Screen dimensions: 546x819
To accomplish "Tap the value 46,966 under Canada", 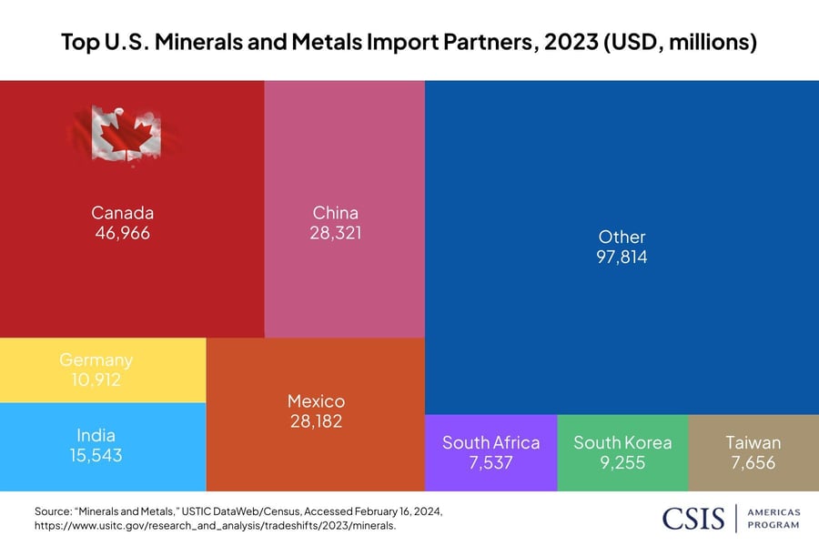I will pyautogui.click(x=122, y=233).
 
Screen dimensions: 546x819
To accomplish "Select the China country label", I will pyautogui.click(x=335, y=213).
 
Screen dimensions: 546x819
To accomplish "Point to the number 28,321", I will pyautogui.click(x=335, y=233).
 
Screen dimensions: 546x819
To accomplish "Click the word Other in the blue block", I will pyautogui.click(x=622, y=238).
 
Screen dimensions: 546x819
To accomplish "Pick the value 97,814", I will pyautogui.click(x=622, y=258).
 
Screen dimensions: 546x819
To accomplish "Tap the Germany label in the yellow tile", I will pyautogui.click(x=96, y=360).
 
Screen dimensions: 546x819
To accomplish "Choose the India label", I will pyautogui.click(x=96, y=435).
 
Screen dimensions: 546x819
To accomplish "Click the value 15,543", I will pyautogui.click(x=96, y=454).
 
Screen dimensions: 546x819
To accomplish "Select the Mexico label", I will pyautogui.click(x=316, y=401).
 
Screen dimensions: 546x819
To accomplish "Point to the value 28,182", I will pyautogui.click(x=316, y=421).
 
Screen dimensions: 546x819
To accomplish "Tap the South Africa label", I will pyautogui.click(x=490, y=443).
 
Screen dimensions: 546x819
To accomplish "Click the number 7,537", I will pyautogui.click(x=490, y=462).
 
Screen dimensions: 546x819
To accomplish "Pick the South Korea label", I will pyautogui.click(x=622, y=443).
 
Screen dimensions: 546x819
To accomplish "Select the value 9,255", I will pyautogui.click(x=622, y=462).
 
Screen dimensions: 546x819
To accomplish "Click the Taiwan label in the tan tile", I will pyautogui.click(x=753, y=443).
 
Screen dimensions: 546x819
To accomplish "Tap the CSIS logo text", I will pyautogui.click(x=693, y=518).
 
